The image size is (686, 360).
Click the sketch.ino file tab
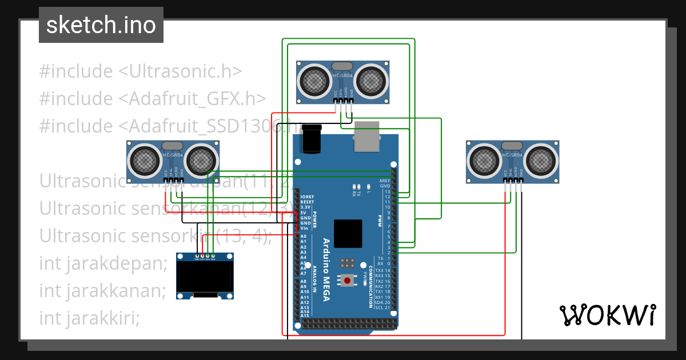coord(101,25)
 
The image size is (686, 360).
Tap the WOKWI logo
coord(607,315)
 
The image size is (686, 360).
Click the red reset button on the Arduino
coord(347,280)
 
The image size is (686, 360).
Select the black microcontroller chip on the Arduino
coord(348,234)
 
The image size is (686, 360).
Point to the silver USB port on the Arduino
coord(366,137)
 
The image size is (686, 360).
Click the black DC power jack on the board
coord(312,139)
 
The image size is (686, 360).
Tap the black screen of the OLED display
coord(205,276)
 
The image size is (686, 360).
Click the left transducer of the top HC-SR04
coord(315,81)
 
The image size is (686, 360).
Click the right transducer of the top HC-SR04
coord(371,81)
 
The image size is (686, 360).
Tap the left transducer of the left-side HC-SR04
coord(145,159)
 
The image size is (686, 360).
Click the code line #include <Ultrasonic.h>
coord(141,71)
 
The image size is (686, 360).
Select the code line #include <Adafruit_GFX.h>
coord(153,98)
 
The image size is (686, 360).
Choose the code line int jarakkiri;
coord(90,317)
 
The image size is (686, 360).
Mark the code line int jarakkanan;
coord(102,290)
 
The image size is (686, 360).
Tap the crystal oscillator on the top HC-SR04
coord(342,66)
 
